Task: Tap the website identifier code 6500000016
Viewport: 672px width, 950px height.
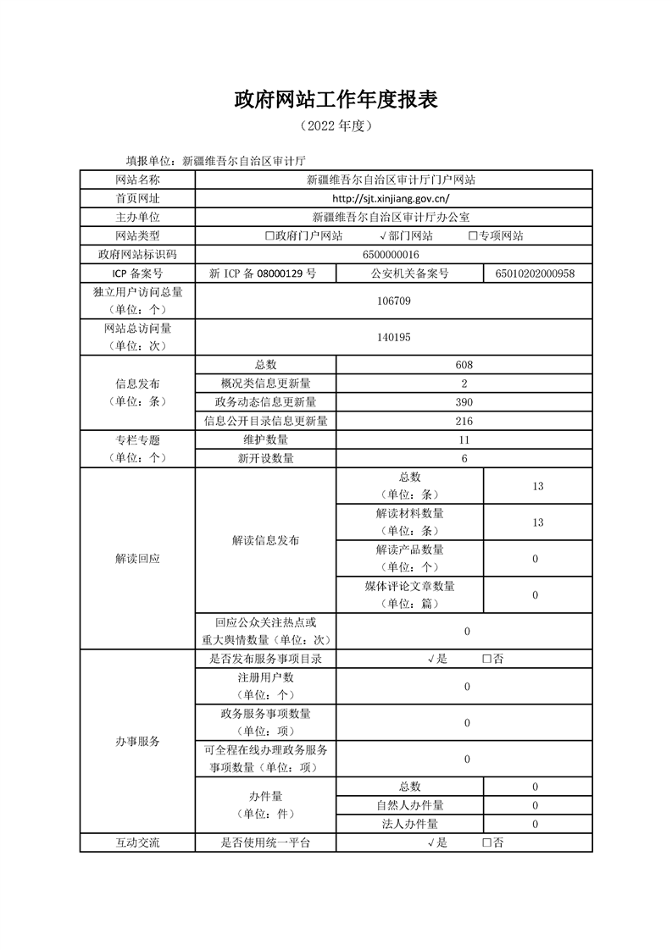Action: tap(393, 254)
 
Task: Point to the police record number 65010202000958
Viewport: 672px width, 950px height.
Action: tap(537, 273)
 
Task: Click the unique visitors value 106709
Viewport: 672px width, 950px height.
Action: tap(393, 300)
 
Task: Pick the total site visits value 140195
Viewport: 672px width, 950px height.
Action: tap(393, 337)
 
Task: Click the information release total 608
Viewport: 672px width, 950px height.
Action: tap(464, 365)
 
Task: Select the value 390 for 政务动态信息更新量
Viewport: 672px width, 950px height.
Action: tap(464, 402)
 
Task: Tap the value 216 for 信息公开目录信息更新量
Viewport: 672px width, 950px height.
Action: tap(464, 421)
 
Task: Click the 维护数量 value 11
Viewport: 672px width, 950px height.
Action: tap(464, 439)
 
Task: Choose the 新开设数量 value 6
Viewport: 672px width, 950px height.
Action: tap(464, 458)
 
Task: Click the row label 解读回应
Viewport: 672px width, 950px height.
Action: tap(137, 560)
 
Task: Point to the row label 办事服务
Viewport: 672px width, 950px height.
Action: tap(137, 742)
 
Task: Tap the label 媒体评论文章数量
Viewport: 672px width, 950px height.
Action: tap(409, 586)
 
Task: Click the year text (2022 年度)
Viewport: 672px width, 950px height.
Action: tap(336, 126)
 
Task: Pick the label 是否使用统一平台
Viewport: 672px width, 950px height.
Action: tap(265, 842)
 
